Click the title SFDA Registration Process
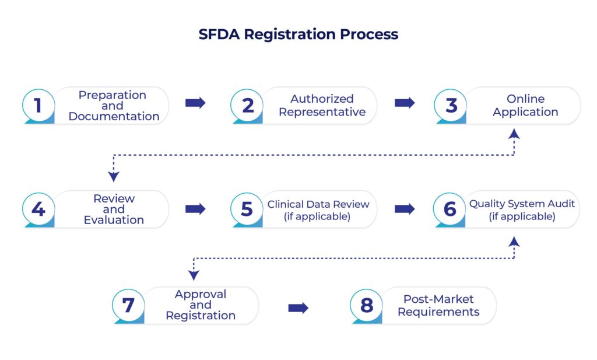point(298,34)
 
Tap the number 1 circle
point(38,106)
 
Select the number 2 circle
point(247,106)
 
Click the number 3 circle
point(451,106)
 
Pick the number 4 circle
point(38,209)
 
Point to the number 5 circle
point(247,209)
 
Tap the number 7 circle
point(129,305)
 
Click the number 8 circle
point(367,305)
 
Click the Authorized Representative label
point(322,105)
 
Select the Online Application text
point(525,105)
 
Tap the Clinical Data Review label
point(318,204)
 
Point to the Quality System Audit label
point(522,204)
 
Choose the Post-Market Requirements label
point(438,305)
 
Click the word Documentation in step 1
point(114,116)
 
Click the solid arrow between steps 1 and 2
point(195,103)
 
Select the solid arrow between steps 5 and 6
point(405,209)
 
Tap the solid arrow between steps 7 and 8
point(298,307)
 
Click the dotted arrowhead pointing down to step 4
point(114,177)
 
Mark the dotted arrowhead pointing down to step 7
point(194,275)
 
